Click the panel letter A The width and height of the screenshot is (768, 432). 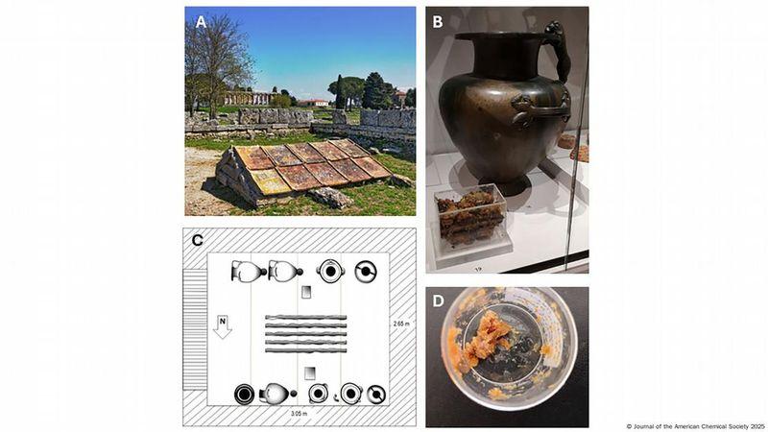[x=201, y=22]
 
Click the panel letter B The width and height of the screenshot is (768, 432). [x=437, y=22]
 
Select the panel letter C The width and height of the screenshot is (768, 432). [x=197, y=240]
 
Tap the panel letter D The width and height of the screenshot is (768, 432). [x=438, y=300]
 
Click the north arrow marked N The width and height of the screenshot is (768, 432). [x=223, y=327]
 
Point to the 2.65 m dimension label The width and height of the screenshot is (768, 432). [x=401, y=324]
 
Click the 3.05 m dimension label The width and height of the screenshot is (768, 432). [x=299, y=414]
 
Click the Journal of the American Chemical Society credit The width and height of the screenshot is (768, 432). [x=695, y=426]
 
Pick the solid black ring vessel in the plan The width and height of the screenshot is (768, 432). [x=244, y=395]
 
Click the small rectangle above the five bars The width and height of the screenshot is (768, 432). [x=306, y=292]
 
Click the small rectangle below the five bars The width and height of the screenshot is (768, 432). [x=309, y=373]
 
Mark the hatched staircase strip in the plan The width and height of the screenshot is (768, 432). [x=195, y=329]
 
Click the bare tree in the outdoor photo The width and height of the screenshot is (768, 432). [x=214, y=63]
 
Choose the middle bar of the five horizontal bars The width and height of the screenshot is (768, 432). [x=305, y=333]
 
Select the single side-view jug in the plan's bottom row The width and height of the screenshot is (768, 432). [x=277, y=394]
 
